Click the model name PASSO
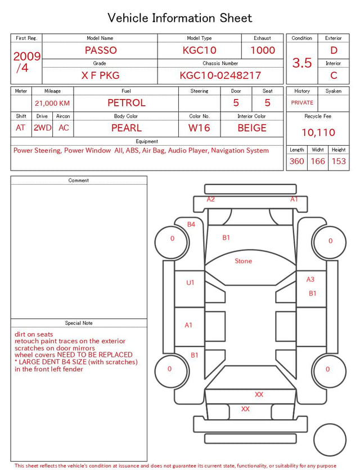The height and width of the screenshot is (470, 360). [101, 50]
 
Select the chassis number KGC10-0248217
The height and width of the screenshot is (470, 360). [220, 75]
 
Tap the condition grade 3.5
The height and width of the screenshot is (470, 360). [302, 62]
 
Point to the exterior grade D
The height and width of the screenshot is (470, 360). [334, 50]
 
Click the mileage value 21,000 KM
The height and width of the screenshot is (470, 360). [52, 104]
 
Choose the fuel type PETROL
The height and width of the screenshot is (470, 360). [127, 103]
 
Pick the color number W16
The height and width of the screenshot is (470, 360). [199, 128]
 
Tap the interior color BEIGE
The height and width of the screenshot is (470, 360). [252, 128]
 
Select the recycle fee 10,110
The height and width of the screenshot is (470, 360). [318, 132]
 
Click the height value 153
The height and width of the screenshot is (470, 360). [339, 161]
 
